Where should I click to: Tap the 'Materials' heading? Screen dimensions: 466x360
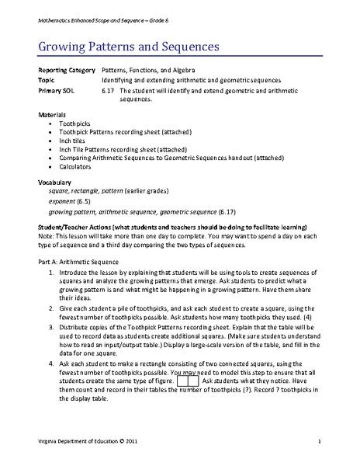pyautogui.click(x=53, y=114)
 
